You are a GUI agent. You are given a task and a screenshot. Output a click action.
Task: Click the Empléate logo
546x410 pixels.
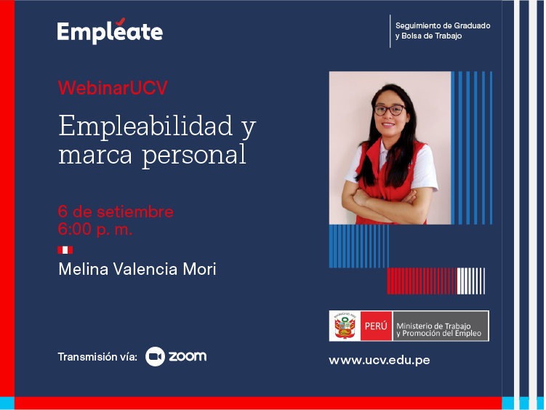click(110, 31)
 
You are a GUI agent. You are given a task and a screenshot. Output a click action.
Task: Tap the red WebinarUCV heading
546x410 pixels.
click(113, 88)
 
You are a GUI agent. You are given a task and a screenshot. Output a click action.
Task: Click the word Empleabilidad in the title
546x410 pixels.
click(145, 126)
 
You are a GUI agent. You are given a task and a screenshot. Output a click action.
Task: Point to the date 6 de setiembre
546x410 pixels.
click(116, 212)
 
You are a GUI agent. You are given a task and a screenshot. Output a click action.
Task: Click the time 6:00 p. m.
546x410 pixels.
click(95, 229)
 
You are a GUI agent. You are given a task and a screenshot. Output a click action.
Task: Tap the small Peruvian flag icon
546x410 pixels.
click(65, 250)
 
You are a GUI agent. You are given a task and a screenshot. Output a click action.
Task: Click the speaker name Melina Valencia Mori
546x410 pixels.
click(137, 269)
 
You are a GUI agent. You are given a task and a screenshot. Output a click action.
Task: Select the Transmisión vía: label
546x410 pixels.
click(97, 357)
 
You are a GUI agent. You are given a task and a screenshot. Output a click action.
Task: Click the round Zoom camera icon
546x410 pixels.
click(155, 356)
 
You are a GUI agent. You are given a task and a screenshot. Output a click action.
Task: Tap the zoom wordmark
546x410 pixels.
click(188, 356)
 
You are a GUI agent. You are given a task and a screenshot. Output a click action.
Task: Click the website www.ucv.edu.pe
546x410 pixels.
click(380, 361)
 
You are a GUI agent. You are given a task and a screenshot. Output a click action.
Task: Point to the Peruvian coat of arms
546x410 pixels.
click(345, 326)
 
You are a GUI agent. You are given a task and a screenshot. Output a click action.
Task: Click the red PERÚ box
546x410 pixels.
click(376, 326)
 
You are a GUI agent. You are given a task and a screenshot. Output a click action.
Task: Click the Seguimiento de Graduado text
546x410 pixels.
click(443, 25)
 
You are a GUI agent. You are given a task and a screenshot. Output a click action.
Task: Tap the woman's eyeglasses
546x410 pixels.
click(390, 110)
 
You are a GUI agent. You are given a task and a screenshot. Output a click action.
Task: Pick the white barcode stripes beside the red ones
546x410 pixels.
click(471, 281)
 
